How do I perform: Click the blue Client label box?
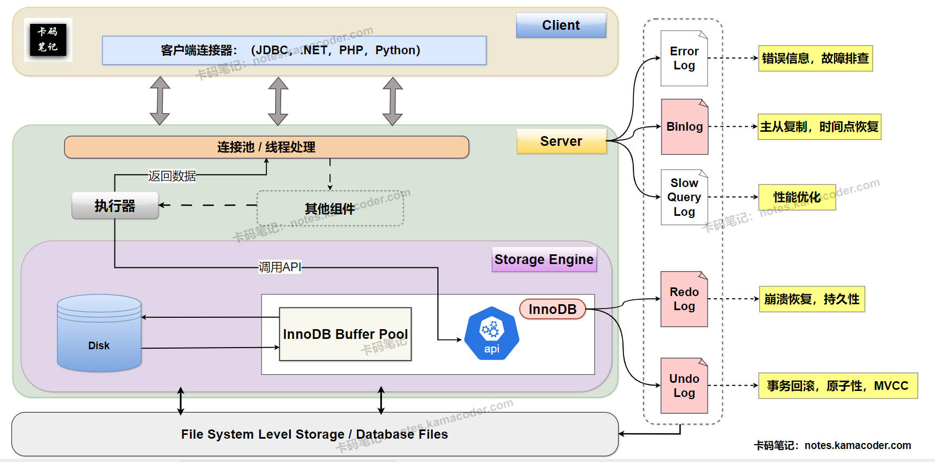(561, 25)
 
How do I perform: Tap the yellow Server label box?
(561, 142)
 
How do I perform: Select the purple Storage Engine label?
(544, 259)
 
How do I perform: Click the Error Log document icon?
(684, 59)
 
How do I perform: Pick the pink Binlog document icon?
(684, 127)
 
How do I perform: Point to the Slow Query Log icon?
(684, 197)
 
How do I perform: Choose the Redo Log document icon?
(684, 299)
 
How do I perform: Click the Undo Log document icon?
(684, 386)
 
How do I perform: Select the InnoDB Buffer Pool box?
(345, 334)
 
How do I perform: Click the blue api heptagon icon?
(492, 334)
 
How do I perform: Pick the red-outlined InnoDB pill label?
(552, 309)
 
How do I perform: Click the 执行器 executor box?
(115, 206)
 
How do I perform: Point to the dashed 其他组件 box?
(330, 208)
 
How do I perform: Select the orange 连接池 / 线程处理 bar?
(266, 147)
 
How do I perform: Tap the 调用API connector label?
(279, 267)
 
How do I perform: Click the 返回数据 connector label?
(172, 176)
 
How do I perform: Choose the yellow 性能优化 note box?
(797, 197)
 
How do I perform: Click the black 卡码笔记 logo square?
(48, 40)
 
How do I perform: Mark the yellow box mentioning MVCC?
(837, 386)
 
